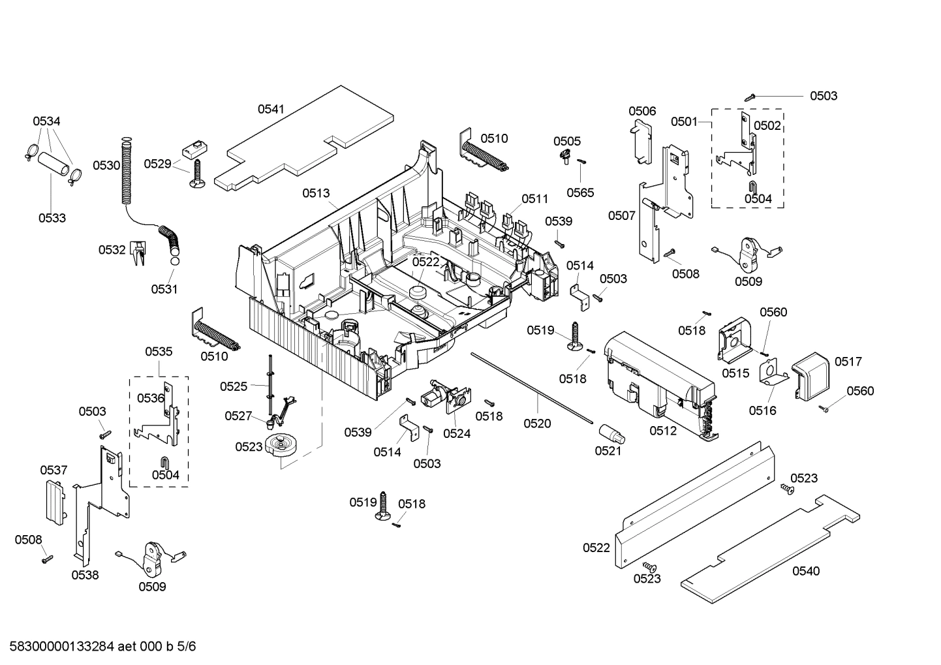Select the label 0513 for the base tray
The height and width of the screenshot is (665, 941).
tap(316, 193)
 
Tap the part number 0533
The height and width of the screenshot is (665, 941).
tap(52, 218)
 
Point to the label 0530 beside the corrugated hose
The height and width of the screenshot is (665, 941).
tap(106, 165)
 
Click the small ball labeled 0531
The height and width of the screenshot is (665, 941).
tap(175, 261)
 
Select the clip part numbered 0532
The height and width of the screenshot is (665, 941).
tap(138, 253)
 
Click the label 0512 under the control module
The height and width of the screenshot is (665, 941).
tap(663, 431)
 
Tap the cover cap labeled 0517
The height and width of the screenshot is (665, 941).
tap(810, 374)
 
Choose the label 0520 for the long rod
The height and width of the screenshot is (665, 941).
tap(537, 424)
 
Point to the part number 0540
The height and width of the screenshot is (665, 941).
tap(806, 571)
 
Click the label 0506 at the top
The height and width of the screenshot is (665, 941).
tap(642, 112)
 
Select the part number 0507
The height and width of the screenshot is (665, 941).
tap(621, 215)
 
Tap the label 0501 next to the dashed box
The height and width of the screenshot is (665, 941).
tap(684, 122)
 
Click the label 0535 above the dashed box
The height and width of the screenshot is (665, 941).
tap(159, 352)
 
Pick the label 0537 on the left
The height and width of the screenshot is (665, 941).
tap(54, 470)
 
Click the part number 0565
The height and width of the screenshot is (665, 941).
tap(580, 192)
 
